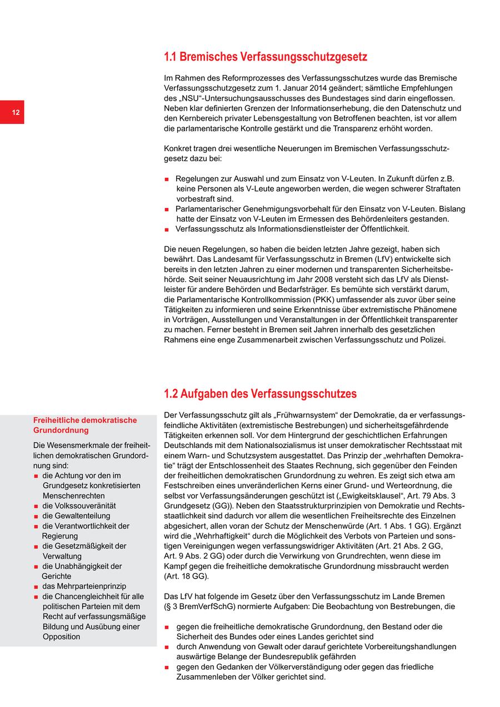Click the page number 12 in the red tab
pos(16,113)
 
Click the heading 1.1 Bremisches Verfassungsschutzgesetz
pos(266,57)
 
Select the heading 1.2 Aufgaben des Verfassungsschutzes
pos(260,394)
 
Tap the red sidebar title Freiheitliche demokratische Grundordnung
pos(84,425)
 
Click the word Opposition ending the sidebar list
pos(62,636)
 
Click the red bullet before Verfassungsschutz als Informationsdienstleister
pos(167,230)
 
